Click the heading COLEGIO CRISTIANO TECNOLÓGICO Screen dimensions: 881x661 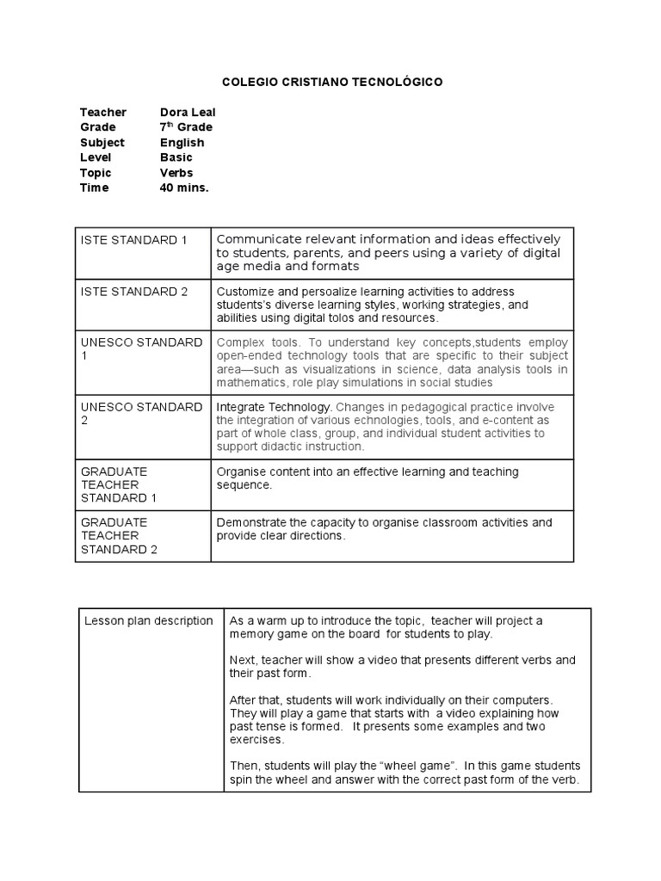332,83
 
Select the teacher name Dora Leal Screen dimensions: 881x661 188,113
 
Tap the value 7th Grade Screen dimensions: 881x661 186,127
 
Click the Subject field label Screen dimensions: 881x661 102,143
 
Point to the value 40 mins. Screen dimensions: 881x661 184,188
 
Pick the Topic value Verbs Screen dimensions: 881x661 176,173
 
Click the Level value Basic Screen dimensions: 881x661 176,157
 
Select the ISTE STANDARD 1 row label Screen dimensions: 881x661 133,240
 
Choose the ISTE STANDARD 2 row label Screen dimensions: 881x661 133,292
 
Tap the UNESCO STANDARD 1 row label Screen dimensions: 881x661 141,348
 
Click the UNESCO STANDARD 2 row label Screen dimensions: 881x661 141,414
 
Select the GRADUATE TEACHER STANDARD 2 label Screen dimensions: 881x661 119,536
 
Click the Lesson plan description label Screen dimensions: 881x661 148,621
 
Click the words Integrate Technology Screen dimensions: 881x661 273,407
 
